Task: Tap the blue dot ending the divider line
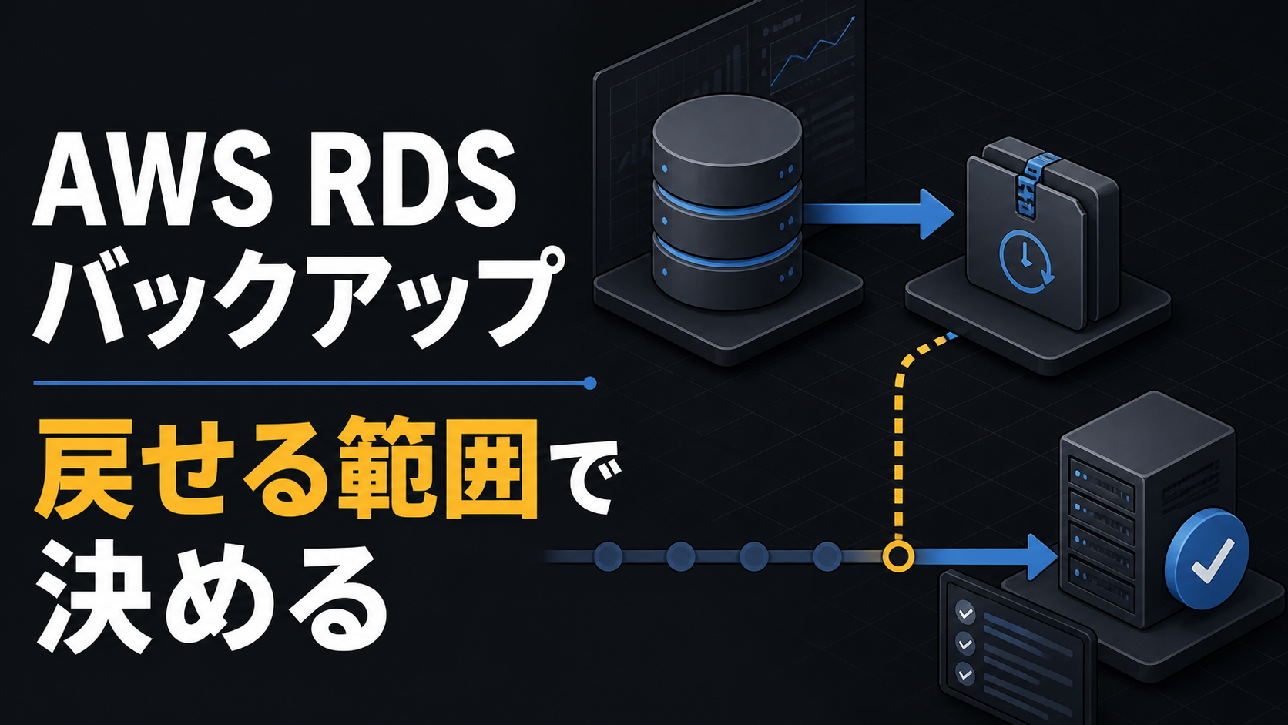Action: (x=589, y=383)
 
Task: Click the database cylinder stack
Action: (x=726, y=201)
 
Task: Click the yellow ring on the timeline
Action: (x=898, y=556)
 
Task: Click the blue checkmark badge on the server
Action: (x=1206, y=559)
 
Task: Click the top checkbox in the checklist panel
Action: (x=965, y=613)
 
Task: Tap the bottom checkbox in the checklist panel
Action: (x=965, y=673)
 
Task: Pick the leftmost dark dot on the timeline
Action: (x=608, y=556)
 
